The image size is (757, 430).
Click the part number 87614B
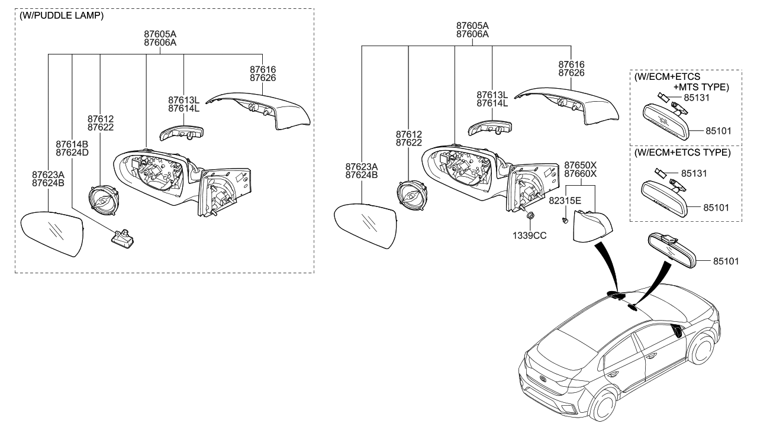pyautogui.click(x=72, y=144)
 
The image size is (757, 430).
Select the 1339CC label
pyautogui.click(x=529, y=235)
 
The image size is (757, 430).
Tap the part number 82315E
pyautogui.click(x=565, y=201)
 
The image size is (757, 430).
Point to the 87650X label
pyautogui.click(x=580, y=165)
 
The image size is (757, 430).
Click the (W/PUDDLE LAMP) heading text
pyautogui.click(x=62, y=16)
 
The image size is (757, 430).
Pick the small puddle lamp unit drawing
pyautogui.click(x=123, y=237)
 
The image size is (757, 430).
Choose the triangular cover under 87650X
pyautogui.click(x=592, y=226)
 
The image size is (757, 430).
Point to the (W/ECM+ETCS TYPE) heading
pyautogui.click(x=682, y=153)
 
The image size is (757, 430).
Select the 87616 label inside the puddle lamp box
pyautogui.click(x=263, y=70)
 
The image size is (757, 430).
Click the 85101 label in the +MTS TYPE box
pyautogui.click(x=717, y=131)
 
